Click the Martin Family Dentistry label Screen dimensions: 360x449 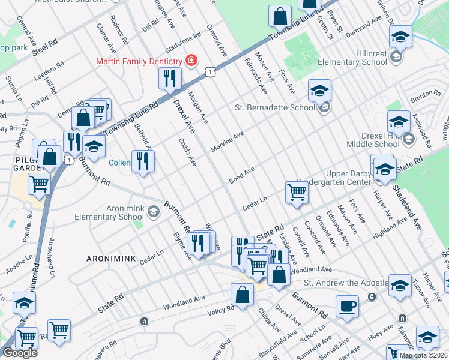(139, 61)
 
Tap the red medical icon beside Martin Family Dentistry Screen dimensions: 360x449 (191, 61)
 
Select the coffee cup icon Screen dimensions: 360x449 (347, 306)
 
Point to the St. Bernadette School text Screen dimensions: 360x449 (274, 108)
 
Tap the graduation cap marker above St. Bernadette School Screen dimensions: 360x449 (319, 91)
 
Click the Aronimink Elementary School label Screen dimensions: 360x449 (109, 212)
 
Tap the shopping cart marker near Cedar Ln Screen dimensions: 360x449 (296, 193)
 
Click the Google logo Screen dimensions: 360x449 (20, 353)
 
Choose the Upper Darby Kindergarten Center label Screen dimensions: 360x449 (332, 177)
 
